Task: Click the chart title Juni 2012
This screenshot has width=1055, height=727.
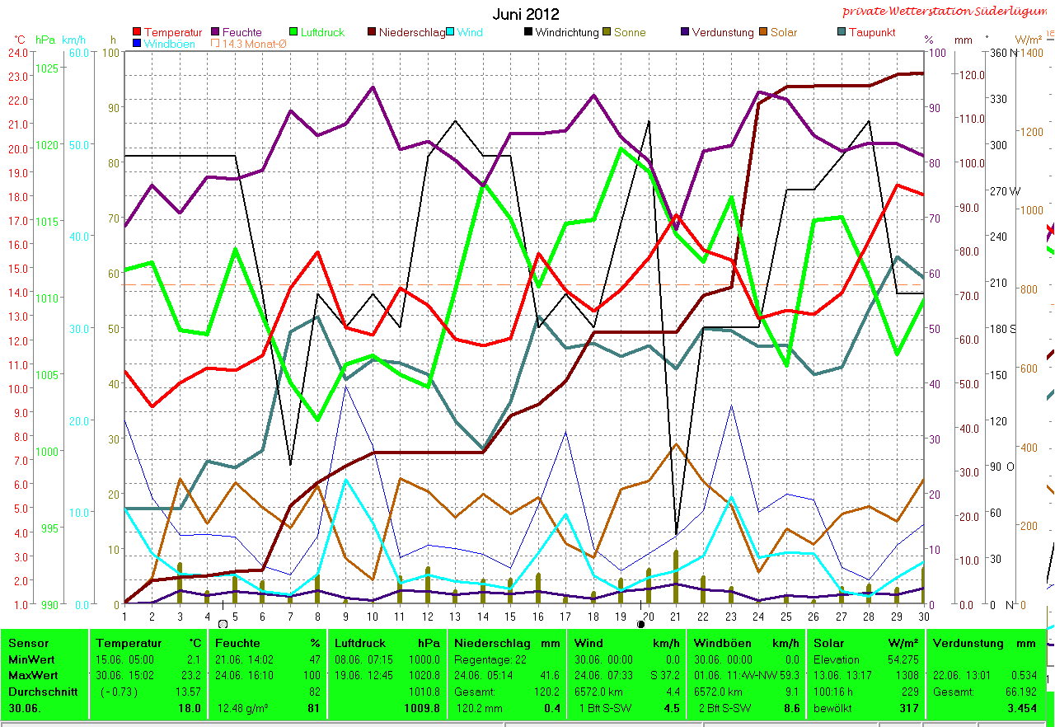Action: pos(526,14)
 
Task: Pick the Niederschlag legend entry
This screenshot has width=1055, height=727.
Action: pos(411,32)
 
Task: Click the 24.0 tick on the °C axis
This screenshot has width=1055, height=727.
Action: pos(18,52)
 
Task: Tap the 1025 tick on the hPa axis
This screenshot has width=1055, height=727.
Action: pos(48,68)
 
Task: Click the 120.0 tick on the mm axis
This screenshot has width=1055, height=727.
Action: pos(970,75)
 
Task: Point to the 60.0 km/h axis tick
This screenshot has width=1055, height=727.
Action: pos(79,53)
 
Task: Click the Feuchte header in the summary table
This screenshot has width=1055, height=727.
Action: pos(237,643)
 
